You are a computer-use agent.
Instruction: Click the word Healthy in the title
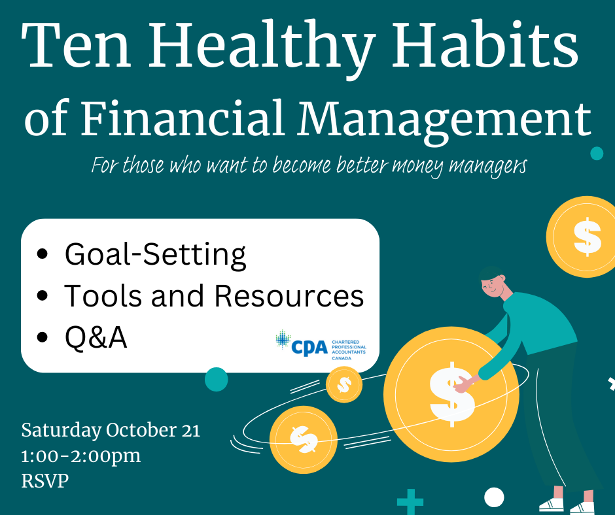[x=260, y=46]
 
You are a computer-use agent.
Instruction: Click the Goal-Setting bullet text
[x=155, y=255]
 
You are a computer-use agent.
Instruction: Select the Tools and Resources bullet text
[x=214, y=295]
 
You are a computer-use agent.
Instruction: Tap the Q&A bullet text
[x=96, y=337]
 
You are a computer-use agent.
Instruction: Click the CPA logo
[x=321, y=345]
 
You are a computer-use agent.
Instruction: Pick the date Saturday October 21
[x=111, y=430]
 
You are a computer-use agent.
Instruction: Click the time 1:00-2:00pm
[x=80, y=456]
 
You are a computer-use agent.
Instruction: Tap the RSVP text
[x=44, y=480]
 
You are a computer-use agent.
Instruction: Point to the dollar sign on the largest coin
[x=452, y=394]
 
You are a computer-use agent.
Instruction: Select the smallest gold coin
[x=344, y=384]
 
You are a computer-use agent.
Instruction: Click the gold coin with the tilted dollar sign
[x=303, y=439]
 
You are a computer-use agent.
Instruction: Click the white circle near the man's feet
[x=494, y=497]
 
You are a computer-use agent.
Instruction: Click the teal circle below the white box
[x=216, y=380]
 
